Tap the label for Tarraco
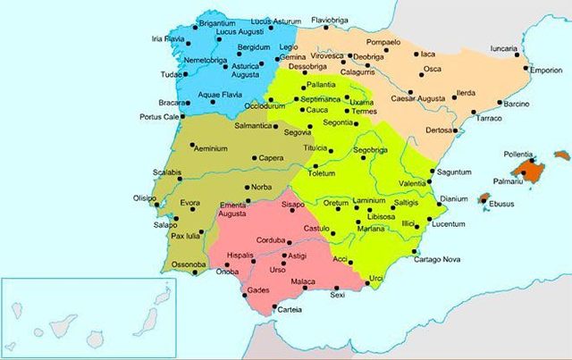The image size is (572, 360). point(488,118)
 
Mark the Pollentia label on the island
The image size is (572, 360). point(523,155)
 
